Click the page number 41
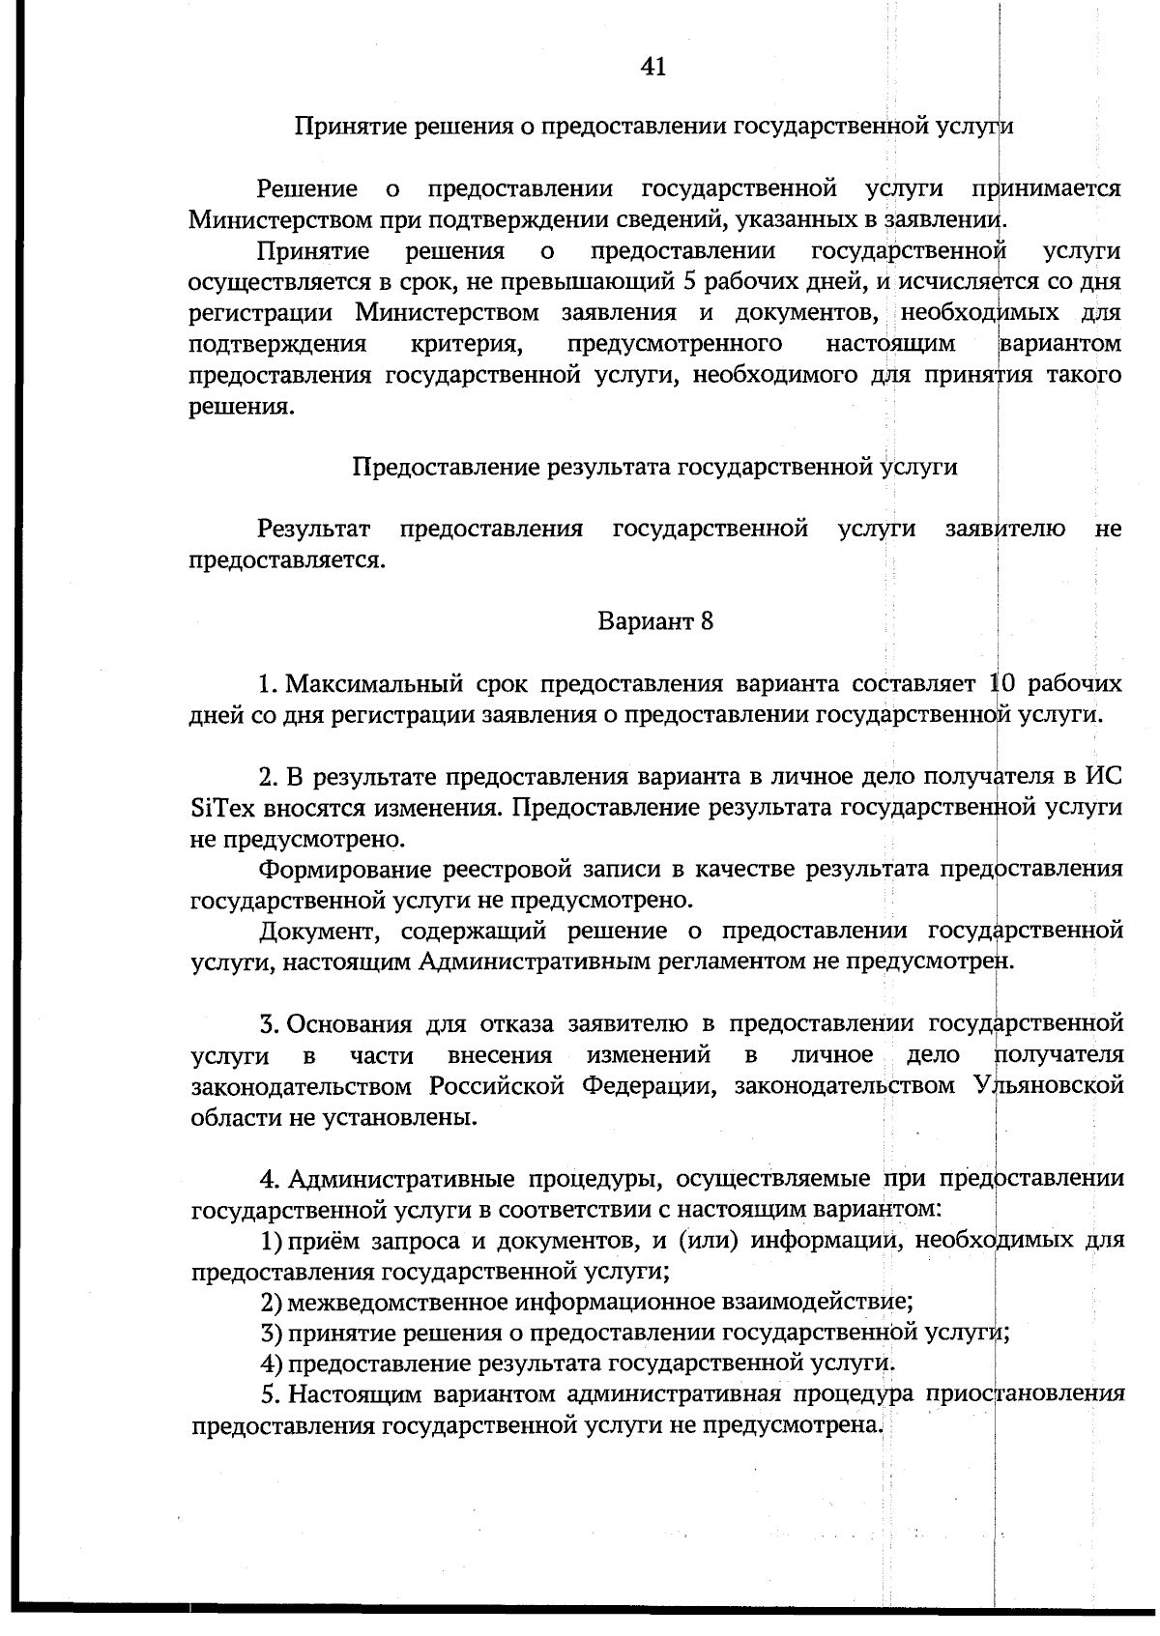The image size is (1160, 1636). coord(653,67)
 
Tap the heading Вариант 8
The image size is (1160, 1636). coord(655,620)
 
